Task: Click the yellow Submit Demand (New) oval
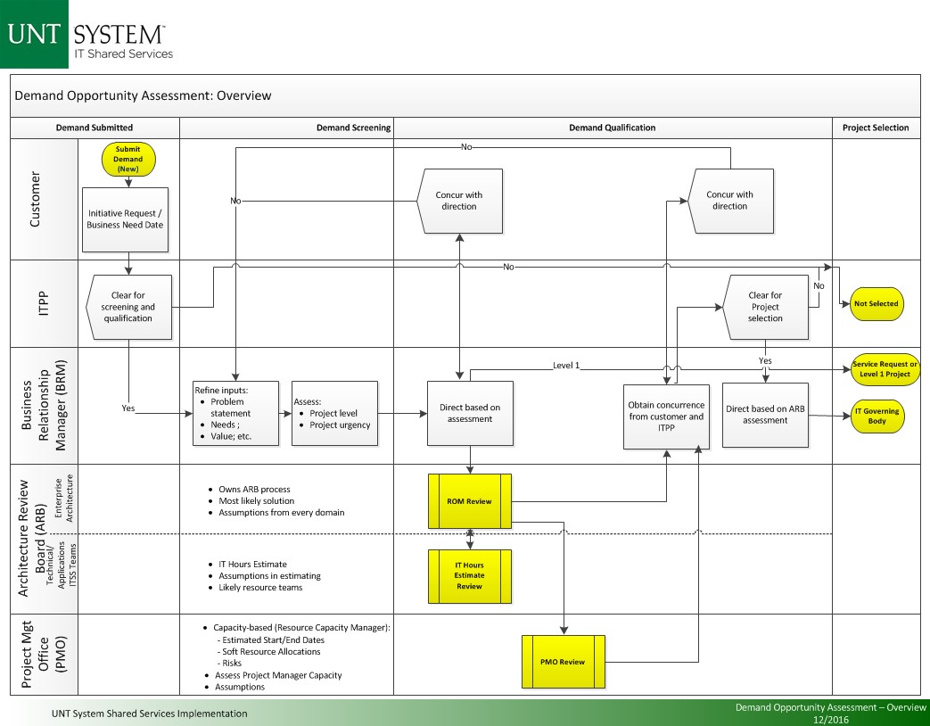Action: click(x=128, y=159)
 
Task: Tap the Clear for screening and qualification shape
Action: click(x=128, y=307)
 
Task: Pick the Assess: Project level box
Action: click(x=334, y=413)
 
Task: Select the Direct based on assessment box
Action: click(x=470, y=413)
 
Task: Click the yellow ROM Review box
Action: click(x=469, y=501)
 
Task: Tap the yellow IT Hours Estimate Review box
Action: click(x=469, y=575)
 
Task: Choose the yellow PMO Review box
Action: click(x=563, y=662)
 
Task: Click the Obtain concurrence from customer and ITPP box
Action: click(x=666, y=417)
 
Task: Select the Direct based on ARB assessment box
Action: click(x=765, y=415)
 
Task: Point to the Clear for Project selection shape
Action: click(x=764, y=307)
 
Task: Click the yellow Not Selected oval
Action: click(x=877, y=303)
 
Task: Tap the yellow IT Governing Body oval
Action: click(x=877, y=416)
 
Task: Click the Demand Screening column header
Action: click(x=353, y=128)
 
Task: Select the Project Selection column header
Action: click(x=876, y=128)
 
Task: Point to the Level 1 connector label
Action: click(x=565, y=366)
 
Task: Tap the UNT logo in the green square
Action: click(x=34, y=35)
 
